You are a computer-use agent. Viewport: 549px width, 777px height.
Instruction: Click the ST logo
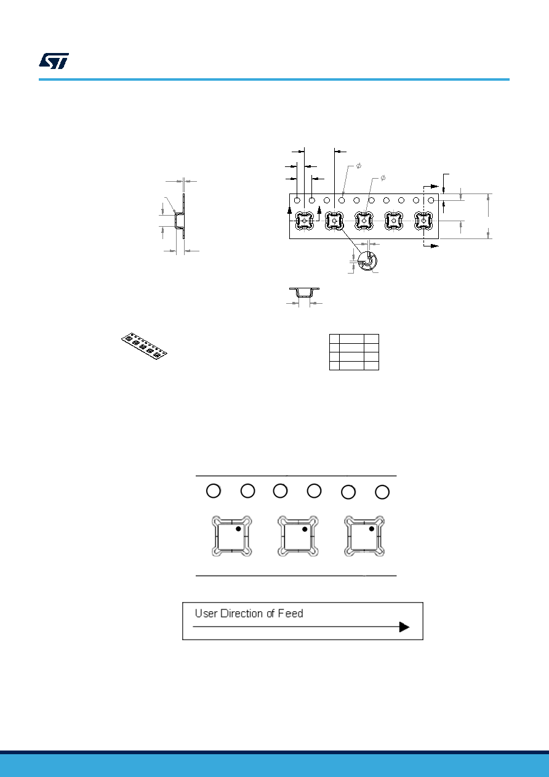tap(54, 61)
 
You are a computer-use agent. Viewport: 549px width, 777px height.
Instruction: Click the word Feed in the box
tap(291, 613)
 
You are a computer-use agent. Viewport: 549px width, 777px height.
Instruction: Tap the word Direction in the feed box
tap(241, 613)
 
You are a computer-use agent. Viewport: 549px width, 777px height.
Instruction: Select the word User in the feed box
tap(206, 613)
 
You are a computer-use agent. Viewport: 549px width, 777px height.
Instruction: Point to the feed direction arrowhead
tap(404, 627)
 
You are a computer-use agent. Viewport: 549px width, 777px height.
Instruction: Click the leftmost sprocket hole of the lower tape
tap(214, 491)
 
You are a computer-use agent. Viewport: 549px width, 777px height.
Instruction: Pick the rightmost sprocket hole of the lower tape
tap(382, 492)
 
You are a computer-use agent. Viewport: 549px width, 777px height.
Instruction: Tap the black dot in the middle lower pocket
tap(305, 529)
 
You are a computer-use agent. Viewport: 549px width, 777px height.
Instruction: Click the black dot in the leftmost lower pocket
tap(238, 529)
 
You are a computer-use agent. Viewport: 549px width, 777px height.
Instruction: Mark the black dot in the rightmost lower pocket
tap(371, 529)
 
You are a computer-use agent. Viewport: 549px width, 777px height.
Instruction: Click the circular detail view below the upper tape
tap(367, 261)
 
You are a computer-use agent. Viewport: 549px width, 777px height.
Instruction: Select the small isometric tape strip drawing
tap(144, 346)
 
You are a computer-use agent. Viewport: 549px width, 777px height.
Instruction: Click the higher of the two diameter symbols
tap(358, 166)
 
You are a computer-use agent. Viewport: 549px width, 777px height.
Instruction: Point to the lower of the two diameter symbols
tap(383, 178)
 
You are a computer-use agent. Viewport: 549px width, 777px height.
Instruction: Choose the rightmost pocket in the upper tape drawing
tap(423, 221)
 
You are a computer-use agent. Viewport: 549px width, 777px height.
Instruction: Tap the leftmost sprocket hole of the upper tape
tap(297, 200)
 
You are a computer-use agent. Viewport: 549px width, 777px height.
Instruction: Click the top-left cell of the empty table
tap(334, 338)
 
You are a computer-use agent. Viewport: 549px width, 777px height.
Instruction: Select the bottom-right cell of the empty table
tap(371, 365)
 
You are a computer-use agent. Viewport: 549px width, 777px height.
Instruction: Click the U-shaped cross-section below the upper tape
tap(305, 293)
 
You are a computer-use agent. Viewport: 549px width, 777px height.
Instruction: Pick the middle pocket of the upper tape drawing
tap(364, 221)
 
